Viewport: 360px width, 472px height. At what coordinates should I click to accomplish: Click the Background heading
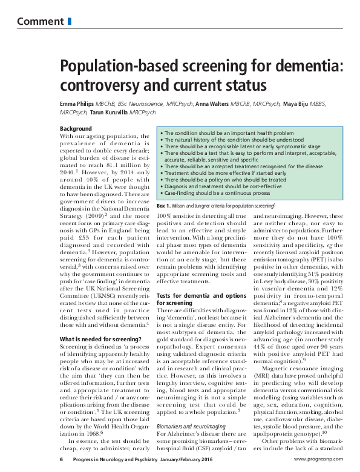click(x=76, y=128)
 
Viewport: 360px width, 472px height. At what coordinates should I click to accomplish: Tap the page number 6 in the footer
click(x=61, y=460)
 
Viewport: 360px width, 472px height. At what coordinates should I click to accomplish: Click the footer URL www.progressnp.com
click(x=321, y=460)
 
